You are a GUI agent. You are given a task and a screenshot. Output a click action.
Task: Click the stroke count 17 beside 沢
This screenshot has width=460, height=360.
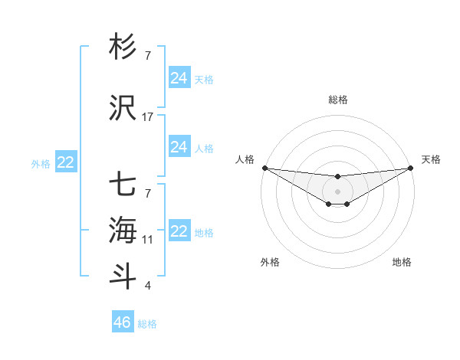148,117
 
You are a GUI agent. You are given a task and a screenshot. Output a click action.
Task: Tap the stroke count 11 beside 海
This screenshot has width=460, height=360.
148,240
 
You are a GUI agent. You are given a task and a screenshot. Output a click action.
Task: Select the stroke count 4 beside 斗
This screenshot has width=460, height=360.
148,286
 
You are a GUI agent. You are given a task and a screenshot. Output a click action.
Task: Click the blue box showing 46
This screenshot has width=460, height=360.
123,322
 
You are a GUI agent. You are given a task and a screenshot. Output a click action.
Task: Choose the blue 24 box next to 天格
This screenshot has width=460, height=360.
179,77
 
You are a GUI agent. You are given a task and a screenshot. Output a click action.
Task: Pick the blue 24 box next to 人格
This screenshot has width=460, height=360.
179,147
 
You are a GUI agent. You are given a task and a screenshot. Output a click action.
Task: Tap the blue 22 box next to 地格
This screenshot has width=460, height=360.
179,231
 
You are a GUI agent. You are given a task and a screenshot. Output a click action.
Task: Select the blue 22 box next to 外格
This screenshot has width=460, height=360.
66,162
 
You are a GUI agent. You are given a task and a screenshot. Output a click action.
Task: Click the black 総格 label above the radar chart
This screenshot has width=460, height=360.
338,100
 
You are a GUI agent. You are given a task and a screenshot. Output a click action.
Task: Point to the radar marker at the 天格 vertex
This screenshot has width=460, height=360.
412,168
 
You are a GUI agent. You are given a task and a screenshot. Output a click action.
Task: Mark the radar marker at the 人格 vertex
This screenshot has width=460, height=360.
264,168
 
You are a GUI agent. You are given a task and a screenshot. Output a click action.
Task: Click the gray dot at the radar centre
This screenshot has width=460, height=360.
337,191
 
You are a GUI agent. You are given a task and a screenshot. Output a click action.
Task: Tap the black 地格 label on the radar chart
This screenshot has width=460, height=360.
402,262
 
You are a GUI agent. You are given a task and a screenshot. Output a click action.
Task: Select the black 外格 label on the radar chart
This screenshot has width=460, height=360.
270,262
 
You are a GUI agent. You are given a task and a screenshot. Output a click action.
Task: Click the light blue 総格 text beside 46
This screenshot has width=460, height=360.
147,324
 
